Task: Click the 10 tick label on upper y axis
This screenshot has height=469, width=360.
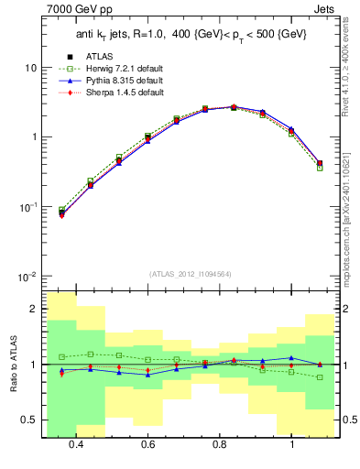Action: [x=30, y=69]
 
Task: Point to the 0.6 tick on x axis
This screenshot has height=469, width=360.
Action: [x=147, y=445]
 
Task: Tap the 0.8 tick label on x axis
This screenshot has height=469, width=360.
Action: [x=220, y=445]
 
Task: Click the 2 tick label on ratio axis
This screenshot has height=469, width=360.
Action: [x=34, y=309]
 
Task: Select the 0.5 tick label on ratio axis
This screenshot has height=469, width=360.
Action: [x=30, y=420]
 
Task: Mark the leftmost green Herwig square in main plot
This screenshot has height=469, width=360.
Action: [x=61, y=210]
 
